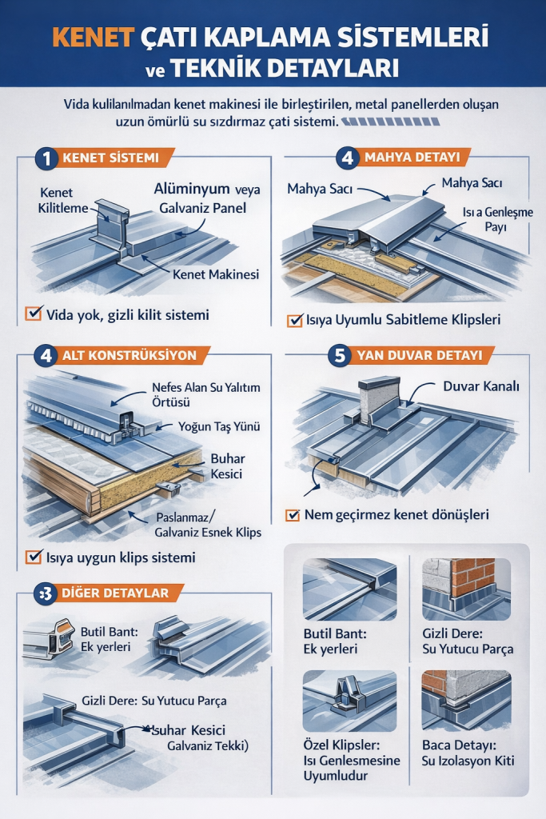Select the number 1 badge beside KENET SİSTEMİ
[46, 158]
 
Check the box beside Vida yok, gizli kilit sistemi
[34, 314]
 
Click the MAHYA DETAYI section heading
[416, 158]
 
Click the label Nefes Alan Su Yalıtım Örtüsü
[205, 394]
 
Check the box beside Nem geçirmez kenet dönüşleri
[293, 515]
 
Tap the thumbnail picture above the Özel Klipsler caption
[349, 701]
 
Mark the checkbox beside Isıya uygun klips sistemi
[34, 557]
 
